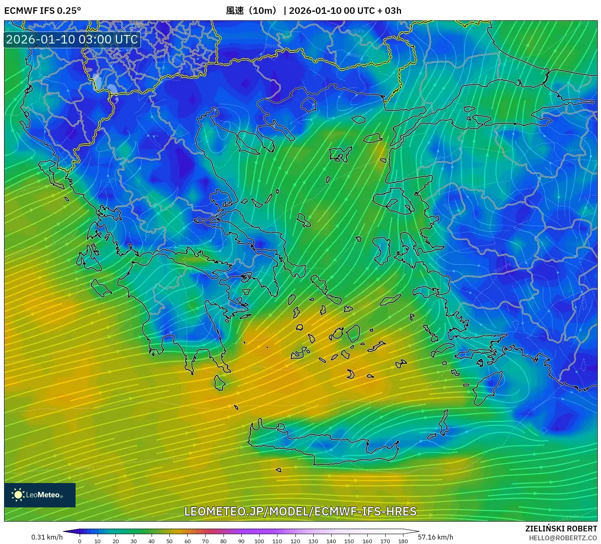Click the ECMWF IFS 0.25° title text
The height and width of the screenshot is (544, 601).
point(43,11)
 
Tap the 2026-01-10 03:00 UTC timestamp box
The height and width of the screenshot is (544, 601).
point(72,39)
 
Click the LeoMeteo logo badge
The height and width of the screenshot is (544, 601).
point(40,495)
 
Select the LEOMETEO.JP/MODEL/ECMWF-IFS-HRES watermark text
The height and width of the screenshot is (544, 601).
point(300,511)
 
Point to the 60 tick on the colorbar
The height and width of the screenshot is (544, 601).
point(187,541)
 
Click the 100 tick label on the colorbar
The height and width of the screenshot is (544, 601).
point(259,541)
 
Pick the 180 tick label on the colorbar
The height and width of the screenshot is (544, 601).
point(403,541)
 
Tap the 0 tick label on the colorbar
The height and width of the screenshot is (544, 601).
point(80,541)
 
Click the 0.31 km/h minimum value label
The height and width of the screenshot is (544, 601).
point(47,537)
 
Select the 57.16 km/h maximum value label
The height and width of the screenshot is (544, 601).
point(435,537)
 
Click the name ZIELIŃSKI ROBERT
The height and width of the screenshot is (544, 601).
point(561,529)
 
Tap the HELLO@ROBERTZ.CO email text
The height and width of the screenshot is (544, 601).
point(563,538)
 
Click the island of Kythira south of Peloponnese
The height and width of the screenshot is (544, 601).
point(219,383)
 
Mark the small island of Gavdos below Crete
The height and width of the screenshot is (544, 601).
point(279,470)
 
